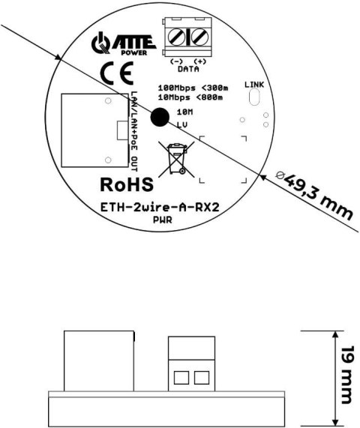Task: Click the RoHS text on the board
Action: click(x=127, y=184)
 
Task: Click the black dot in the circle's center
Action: click(x=160, y=117)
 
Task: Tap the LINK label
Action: click(x=255, y=84)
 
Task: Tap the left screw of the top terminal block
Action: click(x=180, y=36)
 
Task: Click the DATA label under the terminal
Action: click(x=188, y=67)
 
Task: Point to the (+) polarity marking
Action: click(x=200, y=61)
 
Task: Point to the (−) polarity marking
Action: click(x=177, y=61)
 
